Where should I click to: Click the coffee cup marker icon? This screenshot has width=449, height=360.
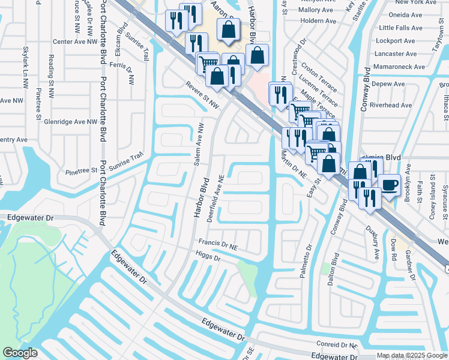[389, 184]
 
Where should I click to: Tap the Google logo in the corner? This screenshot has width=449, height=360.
[20, 353]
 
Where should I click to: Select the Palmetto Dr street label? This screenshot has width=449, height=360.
[307, 260]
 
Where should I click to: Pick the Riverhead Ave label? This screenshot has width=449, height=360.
[391, 105]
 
